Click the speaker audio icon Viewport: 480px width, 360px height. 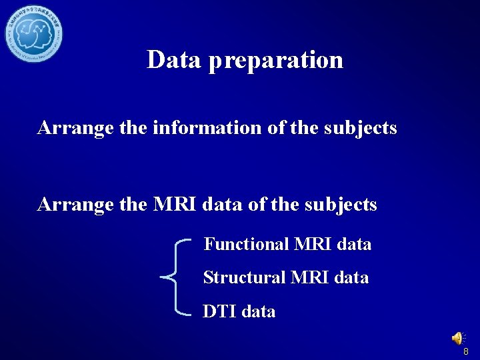(x=458, y=339)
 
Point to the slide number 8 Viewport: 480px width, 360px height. (x=466, y=351)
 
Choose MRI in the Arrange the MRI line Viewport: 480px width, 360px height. (x=175, y=205)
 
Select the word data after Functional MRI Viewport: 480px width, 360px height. (x=355, y=244)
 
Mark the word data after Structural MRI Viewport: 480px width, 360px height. (x=351, y=277)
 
